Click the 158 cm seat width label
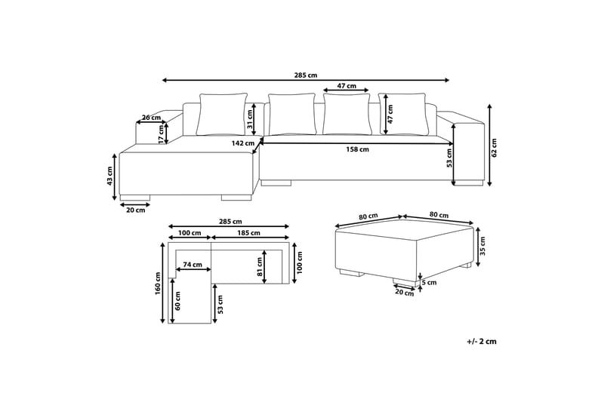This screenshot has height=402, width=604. coord(358,149)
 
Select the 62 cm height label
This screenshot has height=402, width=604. coord(495,148)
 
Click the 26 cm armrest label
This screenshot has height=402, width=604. coord(151,117)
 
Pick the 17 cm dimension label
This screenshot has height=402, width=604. coord(161,134)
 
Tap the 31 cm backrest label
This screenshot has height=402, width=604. coord(249,119)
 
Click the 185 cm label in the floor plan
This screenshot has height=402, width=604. coord(249,233)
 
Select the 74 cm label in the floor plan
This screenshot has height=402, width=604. coord(193,264)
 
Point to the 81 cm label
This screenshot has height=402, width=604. coord(260,267)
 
